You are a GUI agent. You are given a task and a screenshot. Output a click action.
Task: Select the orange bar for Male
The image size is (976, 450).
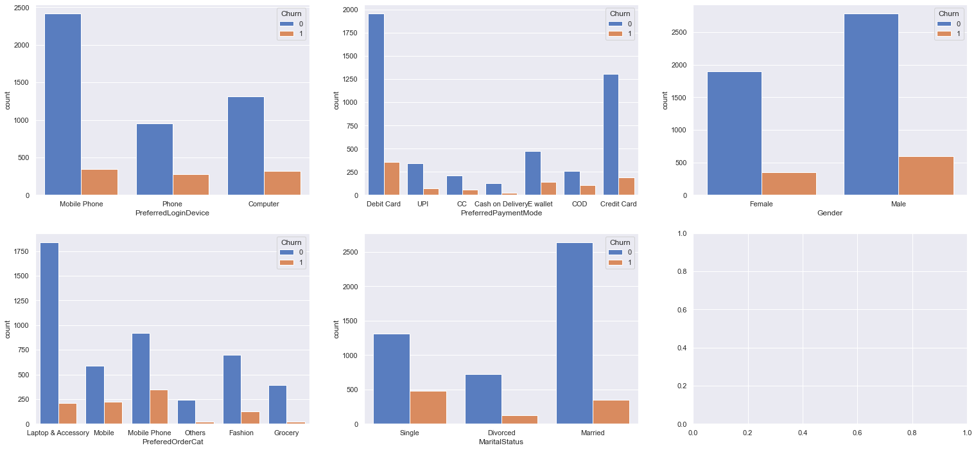point(925,175)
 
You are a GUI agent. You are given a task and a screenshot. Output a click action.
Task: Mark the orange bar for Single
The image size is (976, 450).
point(428,408)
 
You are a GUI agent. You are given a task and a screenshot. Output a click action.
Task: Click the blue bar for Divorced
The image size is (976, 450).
point(483,399)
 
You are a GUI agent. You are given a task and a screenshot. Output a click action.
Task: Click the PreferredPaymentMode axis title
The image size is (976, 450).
point(501,213)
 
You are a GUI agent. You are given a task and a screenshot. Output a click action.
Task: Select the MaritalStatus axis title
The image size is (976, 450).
point(501,442)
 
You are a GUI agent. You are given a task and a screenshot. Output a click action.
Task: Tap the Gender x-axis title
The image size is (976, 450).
point(830,213)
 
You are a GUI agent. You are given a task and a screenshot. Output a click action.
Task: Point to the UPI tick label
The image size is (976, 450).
point(423,204)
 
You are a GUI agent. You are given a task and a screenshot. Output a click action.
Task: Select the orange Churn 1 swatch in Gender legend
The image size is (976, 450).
point(943,34)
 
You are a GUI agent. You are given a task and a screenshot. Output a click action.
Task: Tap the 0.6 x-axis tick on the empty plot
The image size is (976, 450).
point(858,433)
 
